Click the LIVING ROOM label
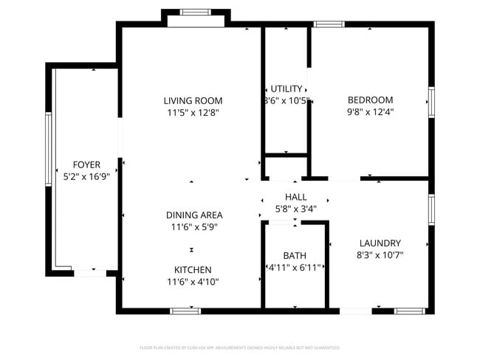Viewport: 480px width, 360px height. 193,100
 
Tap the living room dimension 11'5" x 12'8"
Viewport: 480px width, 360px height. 193,113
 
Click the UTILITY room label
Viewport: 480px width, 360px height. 287,89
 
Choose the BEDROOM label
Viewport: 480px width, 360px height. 370,100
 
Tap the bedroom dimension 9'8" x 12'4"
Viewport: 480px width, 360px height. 370,112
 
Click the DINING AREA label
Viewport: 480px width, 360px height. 193,215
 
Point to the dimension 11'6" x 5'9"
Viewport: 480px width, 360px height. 193,227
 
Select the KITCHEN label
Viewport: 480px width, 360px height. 193,269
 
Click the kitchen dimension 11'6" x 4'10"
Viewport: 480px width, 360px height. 193,282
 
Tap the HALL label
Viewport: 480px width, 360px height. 295,197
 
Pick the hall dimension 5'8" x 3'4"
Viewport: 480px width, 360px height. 295,209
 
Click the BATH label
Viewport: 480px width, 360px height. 294,255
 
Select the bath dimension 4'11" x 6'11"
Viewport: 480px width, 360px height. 294,268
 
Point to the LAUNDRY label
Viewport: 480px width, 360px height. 380,243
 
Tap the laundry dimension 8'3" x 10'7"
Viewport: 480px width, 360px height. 380,255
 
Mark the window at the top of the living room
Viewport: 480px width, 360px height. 196,12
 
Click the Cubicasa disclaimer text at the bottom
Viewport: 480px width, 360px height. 240,347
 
